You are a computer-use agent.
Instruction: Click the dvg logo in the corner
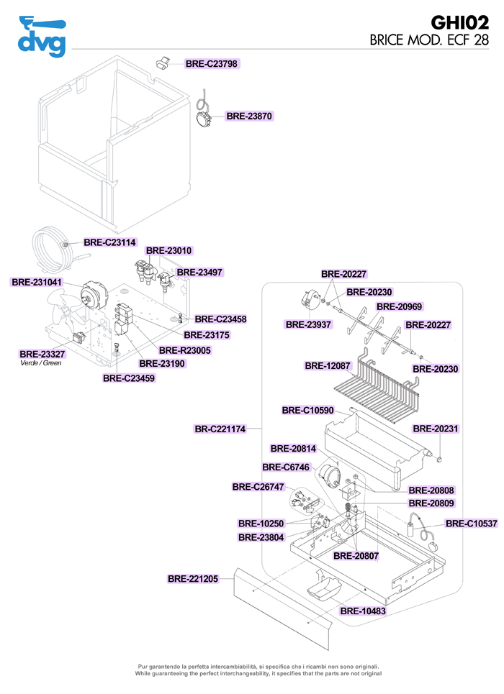tap(41, 36)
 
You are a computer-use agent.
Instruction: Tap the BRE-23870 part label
tap(250, 115)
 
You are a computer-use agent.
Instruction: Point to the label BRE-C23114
tap(109, 243)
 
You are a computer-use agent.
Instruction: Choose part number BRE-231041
tap(37, 282)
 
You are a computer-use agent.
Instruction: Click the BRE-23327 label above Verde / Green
tap(42, 354)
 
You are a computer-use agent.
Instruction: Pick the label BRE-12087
tap(328, 365)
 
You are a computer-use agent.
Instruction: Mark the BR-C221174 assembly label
tap(220, 429)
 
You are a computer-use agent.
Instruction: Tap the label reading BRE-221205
tap(193, 578)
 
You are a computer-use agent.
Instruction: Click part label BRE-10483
tap(364, 611)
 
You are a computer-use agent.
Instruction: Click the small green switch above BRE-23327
tap(80, 337)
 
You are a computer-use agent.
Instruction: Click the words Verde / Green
tap(42, 363)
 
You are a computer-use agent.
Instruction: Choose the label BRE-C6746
tap(286, 467)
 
